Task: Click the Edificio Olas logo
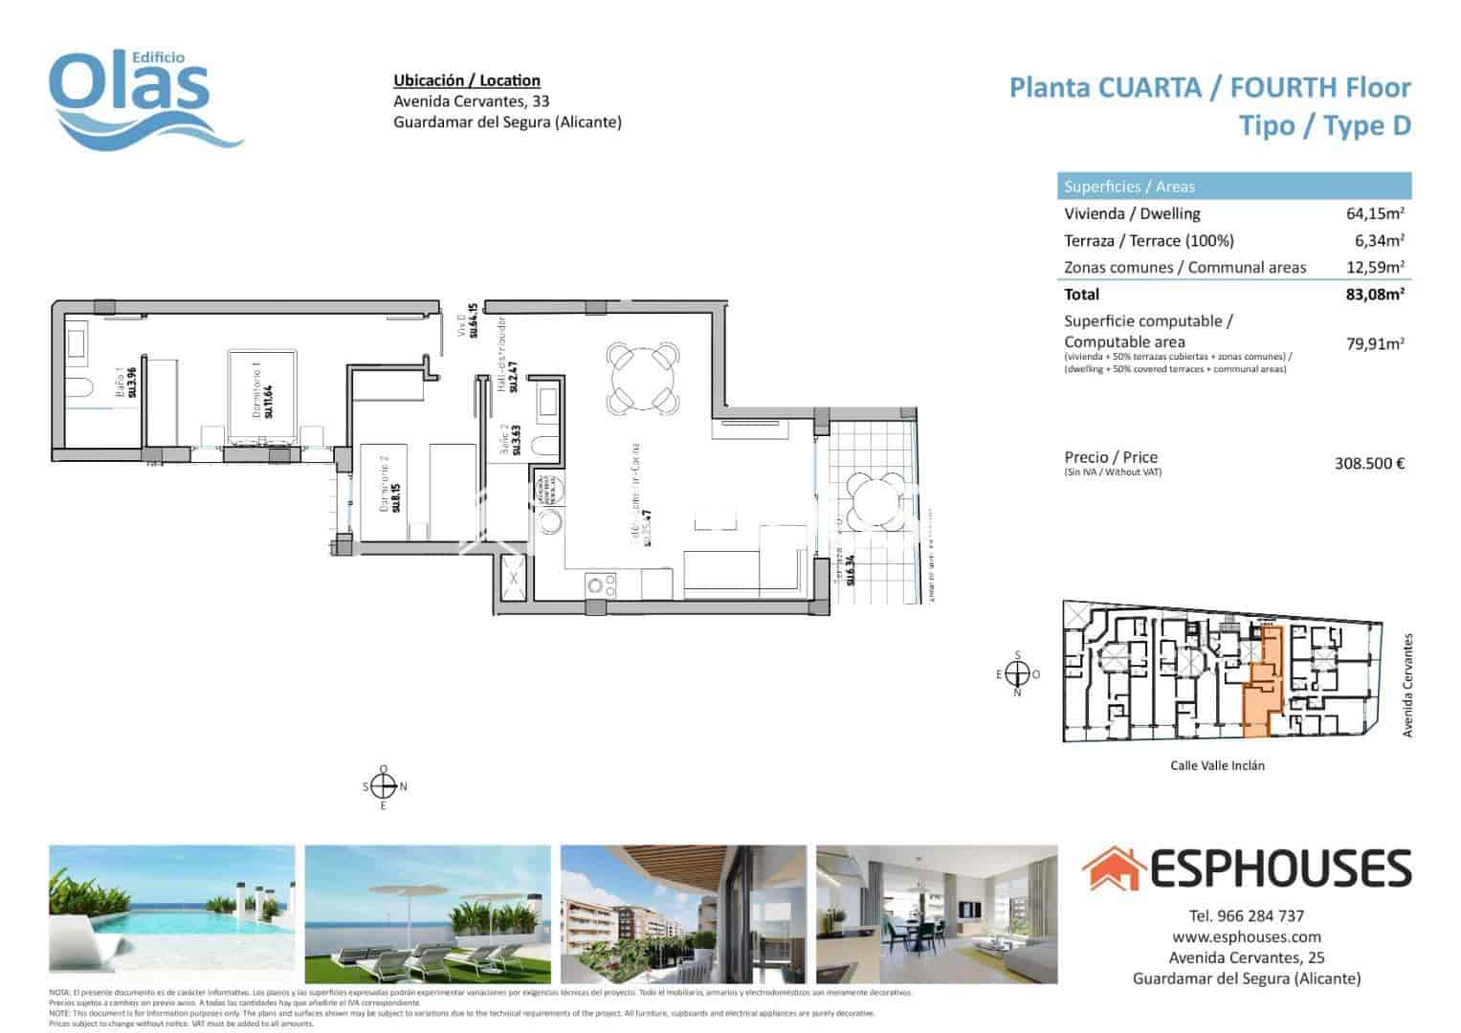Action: (144, 96)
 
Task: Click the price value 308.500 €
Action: (1369, 464)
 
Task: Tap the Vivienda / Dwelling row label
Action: (1132, 214)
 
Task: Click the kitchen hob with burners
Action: (599, 582)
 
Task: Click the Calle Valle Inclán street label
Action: (1217, 765)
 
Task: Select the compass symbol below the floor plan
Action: (383, 787)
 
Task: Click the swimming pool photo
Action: (172, 913)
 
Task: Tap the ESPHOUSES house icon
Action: (1114, 868)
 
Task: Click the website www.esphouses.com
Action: (1246, 937)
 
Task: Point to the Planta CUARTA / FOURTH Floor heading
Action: (1210, 88)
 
